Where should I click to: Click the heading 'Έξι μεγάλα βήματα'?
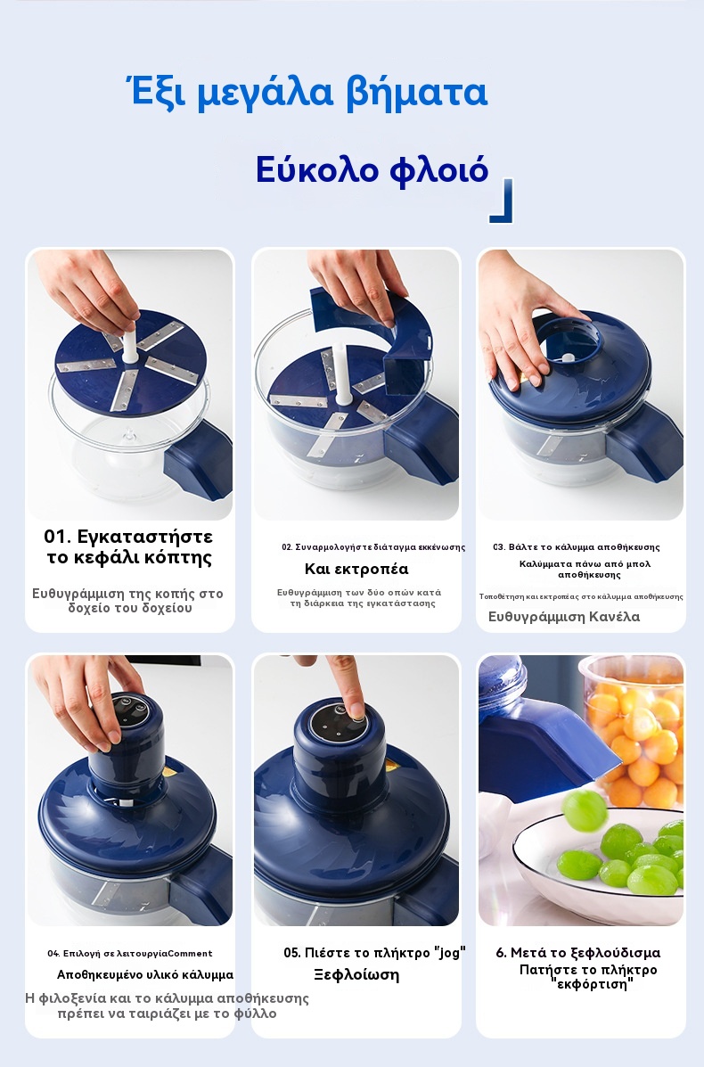[307, 94]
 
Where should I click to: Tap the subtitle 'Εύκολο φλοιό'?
[372, 169]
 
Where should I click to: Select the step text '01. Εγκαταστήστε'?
[128, 537]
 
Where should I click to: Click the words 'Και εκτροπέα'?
[356, 569]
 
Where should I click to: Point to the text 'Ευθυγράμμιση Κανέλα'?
[564, 617]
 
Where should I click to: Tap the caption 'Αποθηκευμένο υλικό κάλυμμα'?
[145, 974]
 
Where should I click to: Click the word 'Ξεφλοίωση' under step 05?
[356, 974]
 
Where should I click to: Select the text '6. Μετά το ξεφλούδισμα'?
[578, 953]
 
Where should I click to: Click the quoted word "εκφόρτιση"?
[591, 984]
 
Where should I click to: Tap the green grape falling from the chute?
[585, 810]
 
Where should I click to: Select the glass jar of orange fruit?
[634, 731]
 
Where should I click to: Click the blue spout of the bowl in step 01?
[198, 462]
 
